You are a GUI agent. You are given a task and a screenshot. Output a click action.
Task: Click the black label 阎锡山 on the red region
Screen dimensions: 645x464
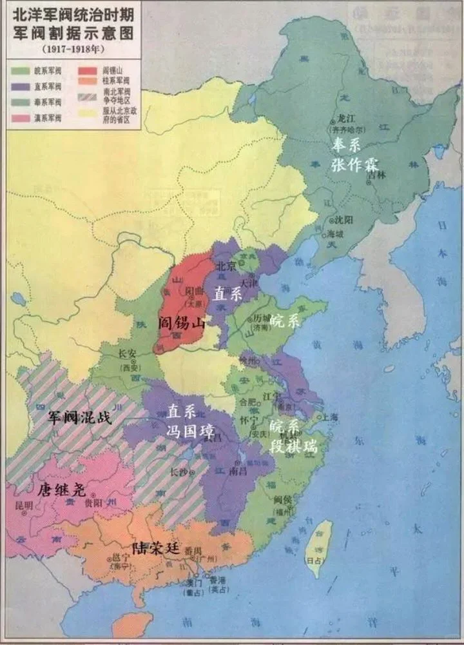click(x=182, y=324)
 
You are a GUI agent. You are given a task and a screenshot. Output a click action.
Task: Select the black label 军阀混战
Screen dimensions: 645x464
click(x=80, y=417)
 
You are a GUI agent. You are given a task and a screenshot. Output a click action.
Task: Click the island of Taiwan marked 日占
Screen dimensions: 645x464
click(x=317, y=545)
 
